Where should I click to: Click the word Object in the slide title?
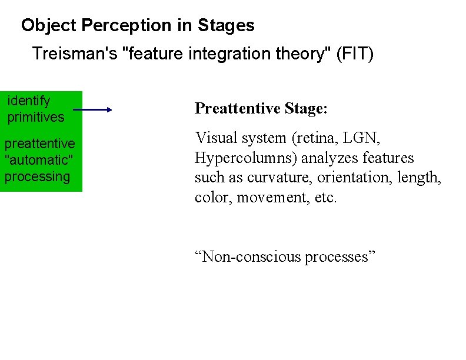(x=49, y=26)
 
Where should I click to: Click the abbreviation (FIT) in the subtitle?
(x=353, y=54)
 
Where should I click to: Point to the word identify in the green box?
(x=29, y=101)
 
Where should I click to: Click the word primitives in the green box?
(x=35, y=117)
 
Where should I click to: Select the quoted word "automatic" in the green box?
(x=36, y=160)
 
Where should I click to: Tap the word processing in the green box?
(x=37, y=176)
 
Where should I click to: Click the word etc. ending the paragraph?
(x=325, y=197)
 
